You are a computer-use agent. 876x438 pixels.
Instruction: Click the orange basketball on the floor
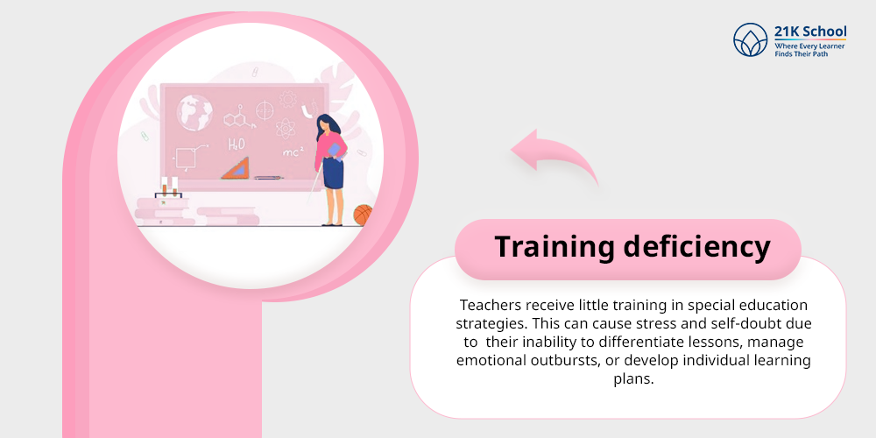[364, 215]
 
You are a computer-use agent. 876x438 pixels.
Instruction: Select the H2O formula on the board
[237, 145]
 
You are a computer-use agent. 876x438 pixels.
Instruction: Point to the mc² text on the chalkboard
[293, 152]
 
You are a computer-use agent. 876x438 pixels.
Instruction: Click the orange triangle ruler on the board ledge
[236, 169]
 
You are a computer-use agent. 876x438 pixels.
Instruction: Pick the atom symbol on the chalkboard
[286, 128]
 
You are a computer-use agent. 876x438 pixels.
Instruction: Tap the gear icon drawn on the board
[288, 100]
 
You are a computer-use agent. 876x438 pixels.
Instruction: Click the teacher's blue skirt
[333, 173]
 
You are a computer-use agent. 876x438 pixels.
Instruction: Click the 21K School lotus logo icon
[751, 39]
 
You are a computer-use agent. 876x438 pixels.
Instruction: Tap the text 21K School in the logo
[810, 32]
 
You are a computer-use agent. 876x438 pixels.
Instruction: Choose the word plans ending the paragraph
[633, 378]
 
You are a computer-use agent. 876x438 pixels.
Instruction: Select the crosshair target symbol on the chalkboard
[265, 109]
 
